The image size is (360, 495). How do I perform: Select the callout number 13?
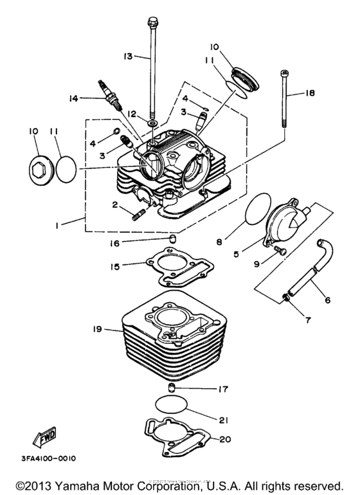(x=128, y=57)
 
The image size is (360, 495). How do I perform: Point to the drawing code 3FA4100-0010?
(x=48, y=458)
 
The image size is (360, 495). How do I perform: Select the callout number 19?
(x=98, y=328)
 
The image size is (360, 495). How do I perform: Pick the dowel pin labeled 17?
(x=172, y=388)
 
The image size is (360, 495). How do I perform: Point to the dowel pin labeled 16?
(x=172, y=242)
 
